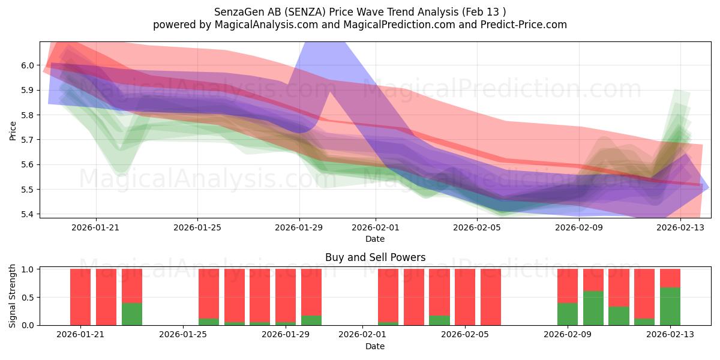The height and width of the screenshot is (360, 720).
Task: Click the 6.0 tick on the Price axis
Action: (x=28, y=65)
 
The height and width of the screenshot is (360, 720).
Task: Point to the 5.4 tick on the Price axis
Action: (x=28, y=214)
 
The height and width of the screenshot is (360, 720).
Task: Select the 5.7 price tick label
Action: (x=28, y=140)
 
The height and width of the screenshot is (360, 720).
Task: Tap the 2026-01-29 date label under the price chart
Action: (x=299, y=227)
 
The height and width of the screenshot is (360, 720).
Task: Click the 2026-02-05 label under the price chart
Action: (x=477, y=227)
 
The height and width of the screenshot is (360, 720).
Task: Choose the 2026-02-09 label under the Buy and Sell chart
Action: (x=568, y=334)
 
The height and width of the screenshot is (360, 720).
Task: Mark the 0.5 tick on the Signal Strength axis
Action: (x=28, y=298)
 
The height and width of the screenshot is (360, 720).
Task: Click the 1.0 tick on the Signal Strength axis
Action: (x=28, y=269)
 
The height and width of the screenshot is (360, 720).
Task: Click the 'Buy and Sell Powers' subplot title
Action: (x=375, y=257)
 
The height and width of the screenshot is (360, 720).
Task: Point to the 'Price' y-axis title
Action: (x=13, y=131)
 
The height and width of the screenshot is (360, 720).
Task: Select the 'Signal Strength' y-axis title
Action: (x=12, y=296)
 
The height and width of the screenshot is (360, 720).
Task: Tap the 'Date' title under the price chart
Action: (x=375, y=239)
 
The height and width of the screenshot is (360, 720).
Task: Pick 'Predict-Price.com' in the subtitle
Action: (x=524, y=25)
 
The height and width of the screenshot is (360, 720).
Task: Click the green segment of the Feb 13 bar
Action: (x=670, y=307)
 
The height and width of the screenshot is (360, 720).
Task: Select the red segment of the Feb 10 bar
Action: (x=593, y=280)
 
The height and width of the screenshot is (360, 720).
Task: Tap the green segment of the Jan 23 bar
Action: (x=132, y=314)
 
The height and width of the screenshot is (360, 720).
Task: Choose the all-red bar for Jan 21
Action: (x=80, y=297)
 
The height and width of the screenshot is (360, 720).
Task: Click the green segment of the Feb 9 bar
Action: (x=568, y=314)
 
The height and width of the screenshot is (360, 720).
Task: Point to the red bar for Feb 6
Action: (x=491, y=297)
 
